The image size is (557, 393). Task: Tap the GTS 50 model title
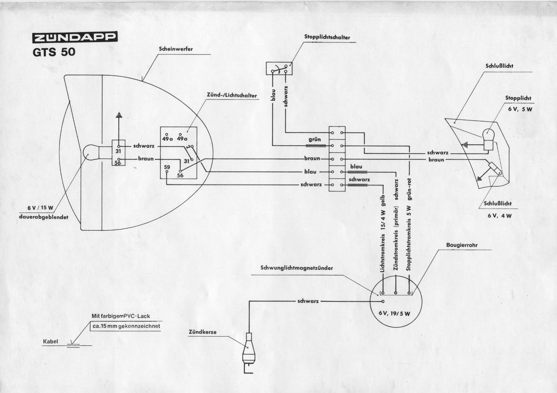coord(54,52)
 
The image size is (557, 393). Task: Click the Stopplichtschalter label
coord(327,37)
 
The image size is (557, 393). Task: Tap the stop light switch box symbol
coord(279,69)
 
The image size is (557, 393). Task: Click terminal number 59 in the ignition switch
coord(167,167)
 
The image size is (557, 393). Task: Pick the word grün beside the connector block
coord(314,140)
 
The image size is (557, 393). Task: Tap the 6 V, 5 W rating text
coord(518,109)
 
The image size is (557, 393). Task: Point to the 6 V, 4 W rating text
coord(500,215)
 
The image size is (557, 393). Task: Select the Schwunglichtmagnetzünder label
coord(297,268)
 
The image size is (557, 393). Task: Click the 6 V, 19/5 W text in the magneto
coord(394,313)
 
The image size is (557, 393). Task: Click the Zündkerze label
coord(203,332)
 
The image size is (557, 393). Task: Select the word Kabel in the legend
coord(51,341)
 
